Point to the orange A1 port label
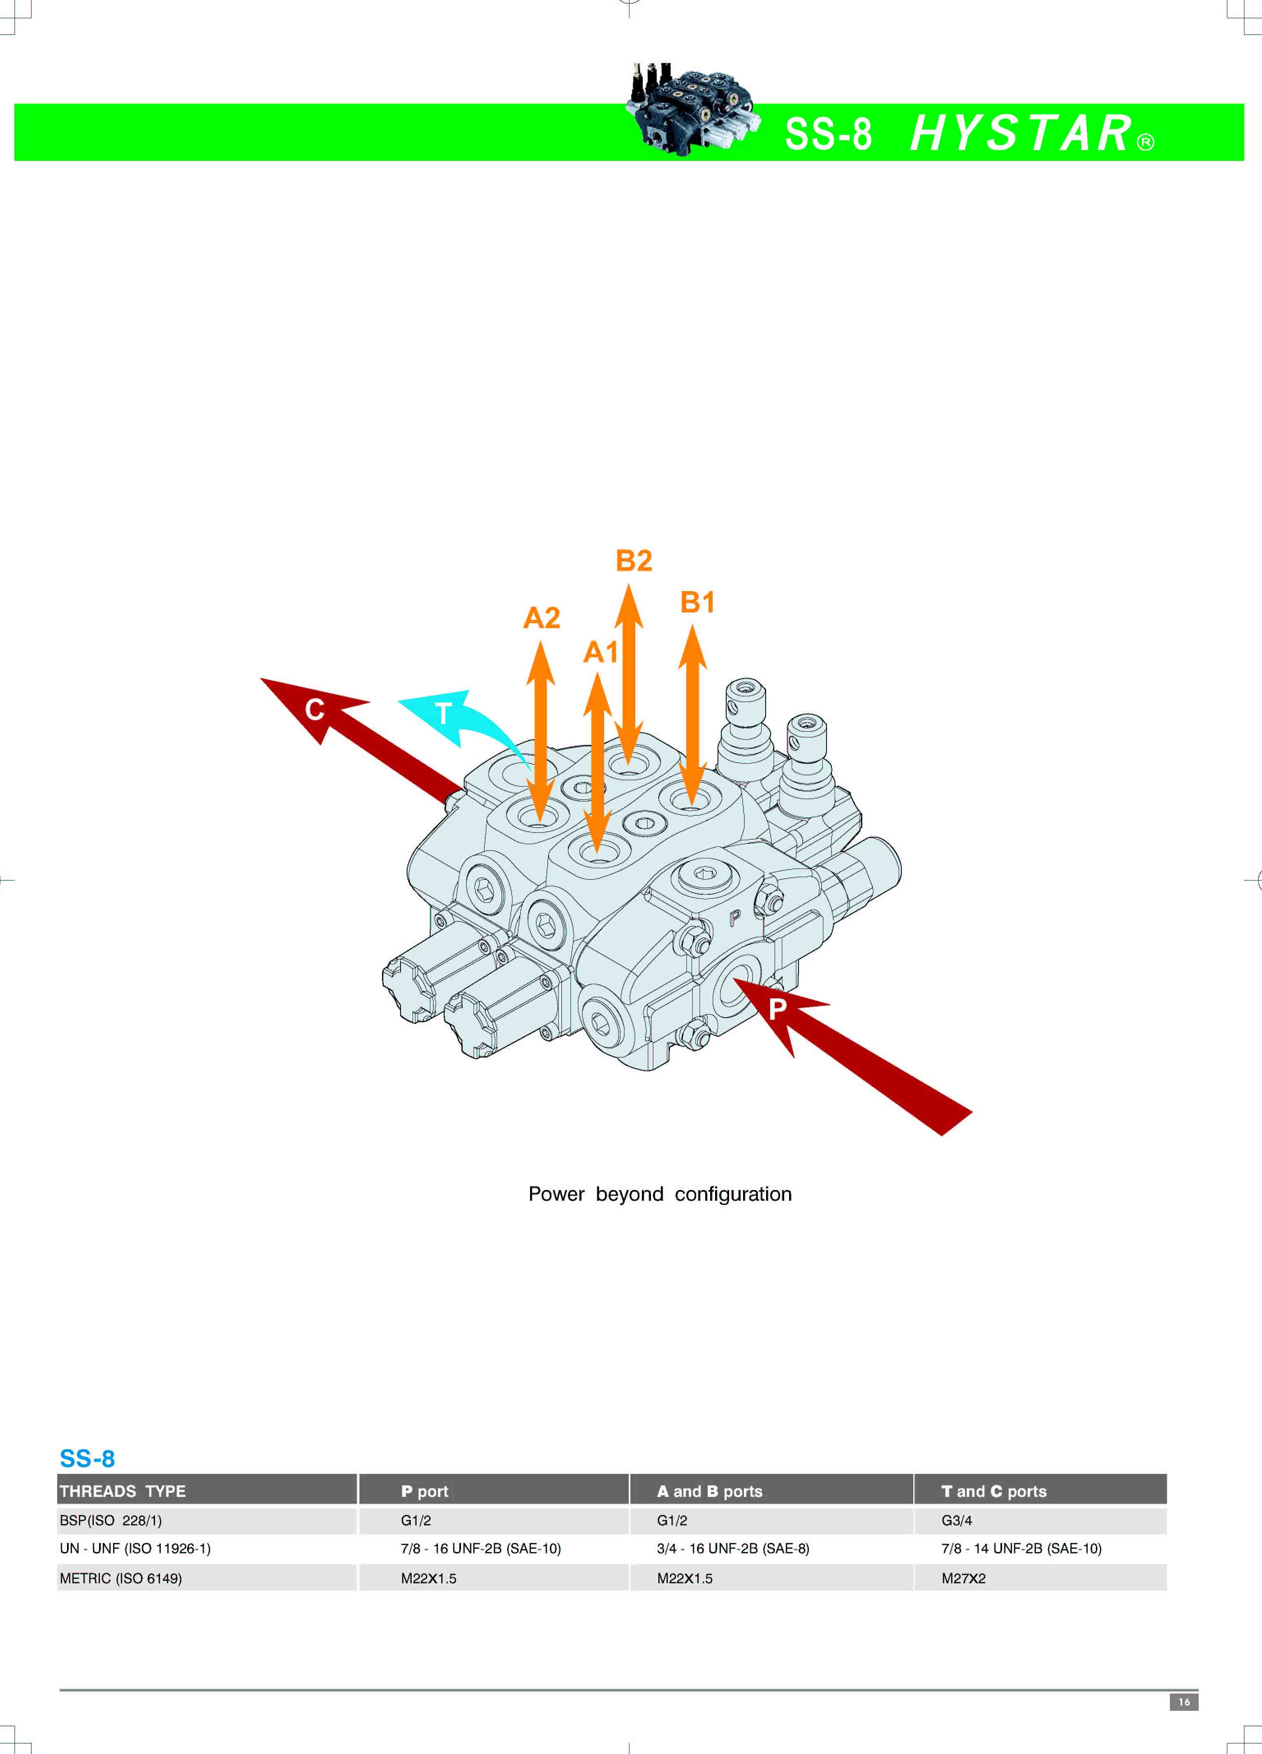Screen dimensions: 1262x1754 click(x=601, y=652)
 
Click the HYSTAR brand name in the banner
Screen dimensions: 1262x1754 click(x=1021, y=133)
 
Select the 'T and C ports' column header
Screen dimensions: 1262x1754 click(x=993, y=1491)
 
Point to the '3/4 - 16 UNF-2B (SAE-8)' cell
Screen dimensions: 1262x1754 click(x=733, y=1548)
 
